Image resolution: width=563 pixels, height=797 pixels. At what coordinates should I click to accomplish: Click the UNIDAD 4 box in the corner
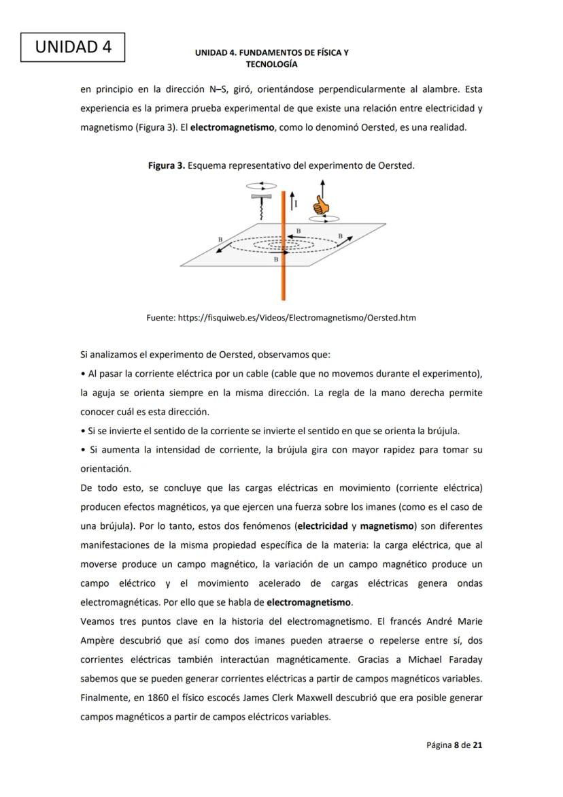tap(72, 47)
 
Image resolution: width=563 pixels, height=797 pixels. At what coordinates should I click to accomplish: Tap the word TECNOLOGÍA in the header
tap(271, 64)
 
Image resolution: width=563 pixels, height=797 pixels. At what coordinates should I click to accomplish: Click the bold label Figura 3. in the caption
tap(166, 165)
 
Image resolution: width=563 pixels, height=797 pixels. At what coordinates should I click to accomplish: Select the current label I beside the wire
tap(296, 203)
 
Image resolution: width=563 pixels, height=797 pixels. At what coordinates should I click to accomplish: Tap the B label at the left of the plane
tap(220, 240)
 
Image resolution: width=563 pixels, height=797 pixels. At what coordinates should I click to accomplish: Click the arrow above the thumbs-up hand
tap(322, 187)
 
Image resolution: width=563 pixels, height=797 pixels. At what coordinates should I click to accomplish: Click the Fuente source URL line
tap(281, 318)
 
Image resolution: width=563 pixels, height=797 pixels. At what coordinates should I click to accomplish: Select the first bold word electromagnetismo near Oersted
tap(232, 127)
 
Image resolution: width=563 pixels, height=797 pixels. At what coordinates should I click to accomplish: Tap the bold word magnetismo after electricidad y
tap(386, 526)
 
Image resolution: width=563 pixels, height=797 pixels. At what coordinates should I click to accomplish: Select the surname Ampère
tap(99, 640)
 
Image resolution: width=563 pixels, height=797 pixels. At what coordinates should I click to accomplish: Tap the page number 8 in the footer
tap(457, 745)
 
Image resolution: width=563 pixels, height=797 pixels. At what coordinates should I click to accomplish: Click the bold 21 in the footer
tap(477, 745)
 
